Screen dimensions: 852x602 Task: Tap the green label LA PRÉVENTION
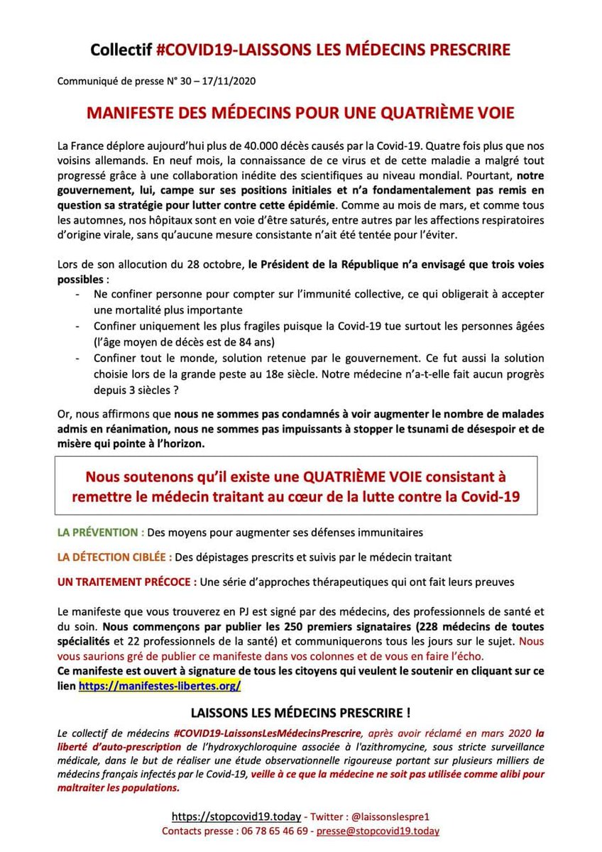(x=101, y=532)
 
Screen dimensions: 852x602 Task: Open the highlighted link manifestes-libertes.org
(x=160, y=686)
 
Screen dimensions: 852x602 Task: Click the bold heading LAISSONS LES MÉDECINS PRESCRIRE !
(x=301, y=712)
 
